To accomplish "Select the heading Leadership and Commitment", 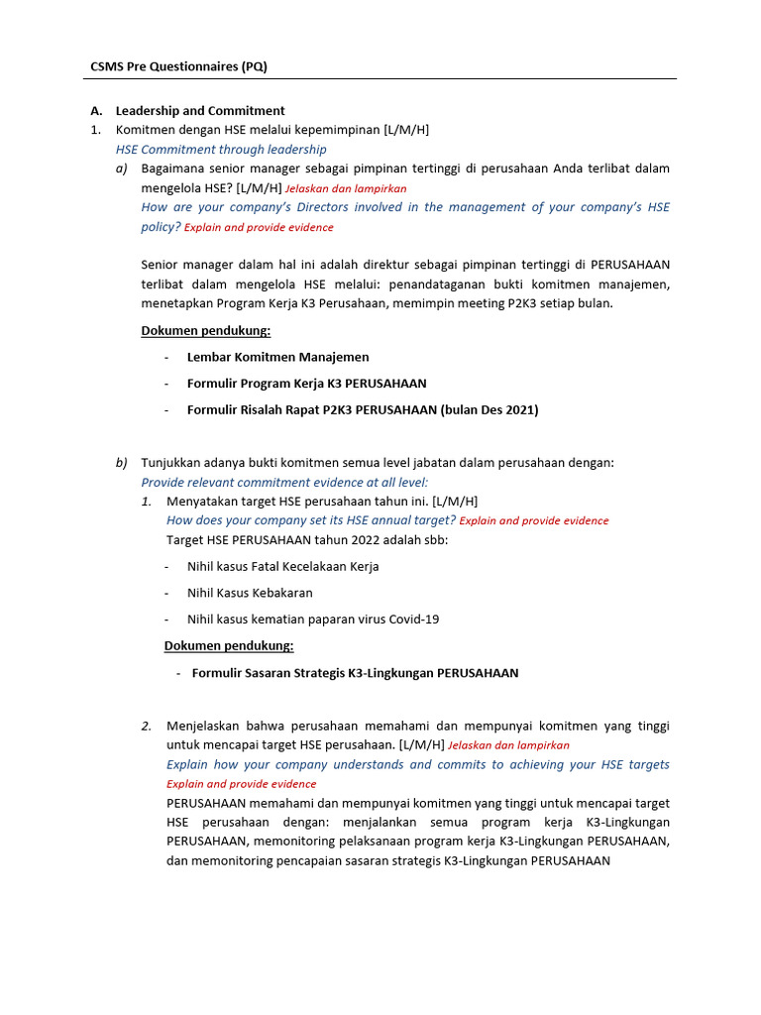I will [x=200, y=111].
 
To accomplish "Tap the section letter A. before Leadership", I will [x=96, y=111].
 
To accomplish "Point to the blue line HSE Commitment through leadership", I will [x=221, y=150].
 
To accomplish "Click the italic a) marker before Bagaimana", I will [x=122, y=169].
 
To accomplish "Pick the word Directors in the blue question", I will [x=368, y=207].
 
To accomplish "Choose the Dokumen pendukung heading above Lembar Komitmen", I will [x=206, y=330].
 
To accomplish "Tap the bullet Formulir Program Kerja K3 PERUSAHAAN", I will [x=307, y=383].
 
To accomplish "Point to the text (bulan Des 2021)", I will [x=489, y=409].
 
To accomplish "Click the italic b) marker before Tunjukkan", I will [x=122, y=463].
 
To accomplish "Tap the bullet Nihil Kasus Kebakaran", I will [x=250, y=593].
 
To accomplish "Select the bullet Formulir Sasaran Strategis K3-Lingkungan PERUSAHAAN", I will [x=355, y=673].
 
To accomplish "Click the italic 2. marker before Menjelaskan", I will [x=147, y=727].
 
